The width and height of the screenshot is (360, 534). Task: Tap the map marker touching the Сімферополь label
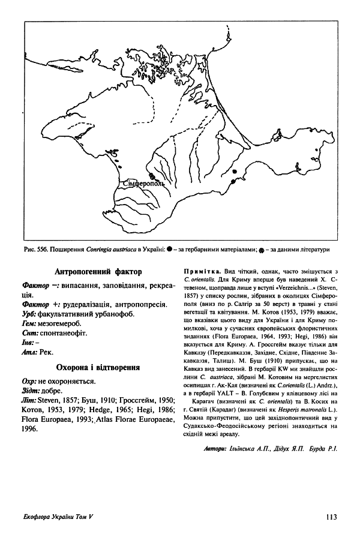click(x=152, y=176)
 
